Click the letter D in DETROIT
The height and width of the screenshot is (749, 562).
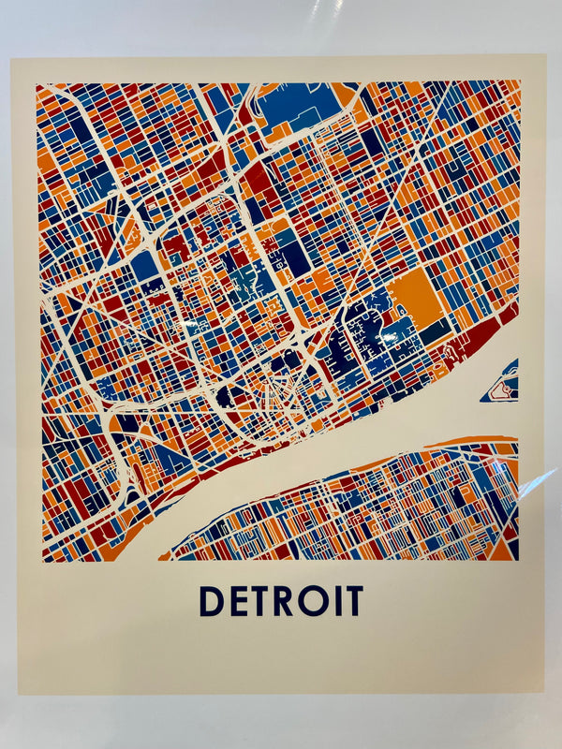click(212, 601)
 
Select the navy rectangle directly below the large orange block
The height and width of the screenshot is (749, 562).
click(434, 330)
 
